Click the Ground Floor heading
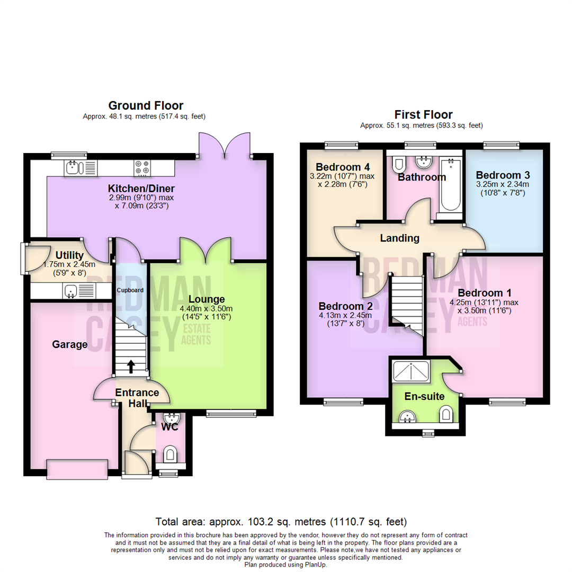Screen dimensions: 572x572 [x=138, y=105]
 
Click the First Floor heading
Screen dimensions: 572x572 [x=423, y=114]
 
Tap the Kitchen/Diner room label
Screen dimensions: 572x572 [x=141, y=189]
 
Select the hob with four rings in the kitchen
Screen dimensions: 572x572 [x=142, y=167]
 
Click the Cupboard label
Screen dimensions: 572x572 [x=130, y=290]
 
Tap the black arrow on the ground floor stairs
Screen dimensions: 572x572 [x=131, y=365]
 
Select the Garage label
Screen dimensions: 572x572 [x=69, y=345]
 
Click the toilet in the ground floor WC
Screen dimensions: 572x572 [x=170, y=453]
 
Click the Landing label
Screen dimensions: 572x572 [x=399, y=238]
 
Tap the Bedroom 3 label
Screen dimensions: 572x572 [x=503, y=175]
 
